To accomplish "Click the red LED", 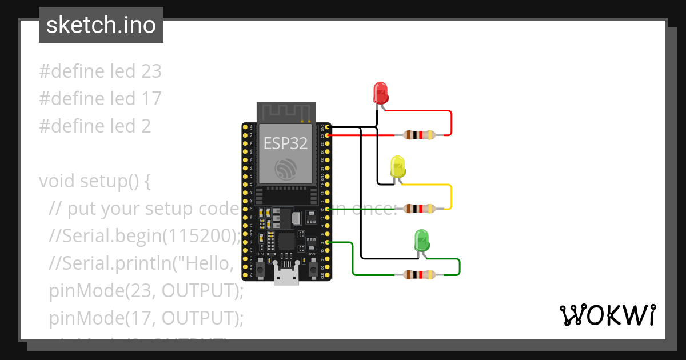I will (x=380, y=92).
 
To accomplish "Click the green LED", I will (x=421, y=239).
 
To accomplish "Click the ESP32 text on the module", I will (x=285, y=143).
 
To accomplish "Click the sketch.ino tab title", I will (x=101, y=25).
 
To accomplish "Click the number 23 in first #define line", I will (x=150, y=71).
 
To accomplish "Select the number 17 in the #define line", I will (x=150, y=99).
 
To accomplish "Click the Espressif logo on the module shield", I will (x=285, y=169).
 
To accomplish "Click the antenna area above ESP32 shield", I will (x=285, y=112).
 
